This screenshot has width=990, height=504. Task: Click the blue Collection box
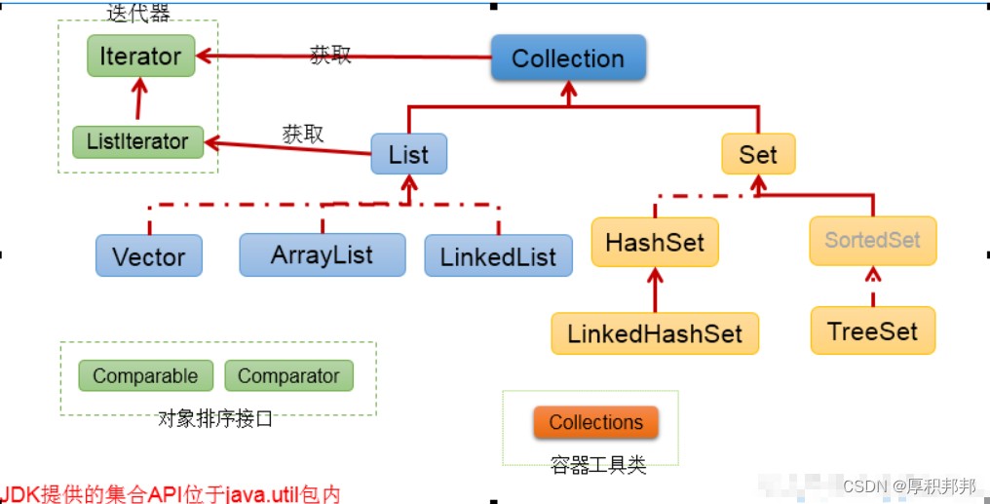[x=568, y=58]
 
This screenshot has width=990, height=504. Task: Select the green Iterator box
[x=140, y=56]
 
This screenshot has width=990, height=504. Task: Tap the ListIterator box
[x=137, y=141]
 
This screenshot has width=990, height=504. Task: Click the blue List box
[x=408, y=154]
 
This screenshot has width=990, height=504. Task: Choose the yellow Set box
[x=758, y=154]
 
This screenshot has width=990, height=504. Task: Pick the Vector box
[x=149, y=255]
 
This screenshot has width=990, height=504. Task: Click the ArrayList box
[x=322, y=255]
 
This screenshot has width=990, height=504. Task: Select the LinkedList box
[x=498, y=255]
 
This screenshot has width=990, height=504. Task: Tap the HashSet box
[x=655, y=243]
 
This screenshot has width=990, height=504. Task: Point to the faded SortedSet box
[x=872, y=241]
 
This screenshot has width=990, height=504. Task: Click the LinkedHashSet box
[x=655, y=333]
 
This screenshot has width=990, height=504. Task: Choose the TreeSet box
[x=872, y=330]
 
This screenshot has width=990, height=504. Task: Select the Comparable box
[x=145, y=375]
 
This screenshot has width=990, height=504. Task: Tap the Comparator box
[x=288, y=375]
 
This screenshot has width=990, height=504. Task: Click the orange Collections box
[x=596, y=422]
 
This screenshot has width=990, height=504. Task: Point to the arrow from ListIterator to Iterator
[x=139, y=98]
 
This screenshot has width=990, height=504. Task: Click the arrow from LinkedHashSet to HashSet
[x=655, y=290]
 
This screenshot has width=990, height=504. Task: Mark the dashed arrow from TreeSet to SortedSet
[x=872, y=286]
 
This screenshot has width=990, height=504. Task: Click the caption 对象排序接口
[x=215, y=419]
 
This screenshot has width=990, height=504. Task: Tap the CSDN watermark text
[x=909, y=486]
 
